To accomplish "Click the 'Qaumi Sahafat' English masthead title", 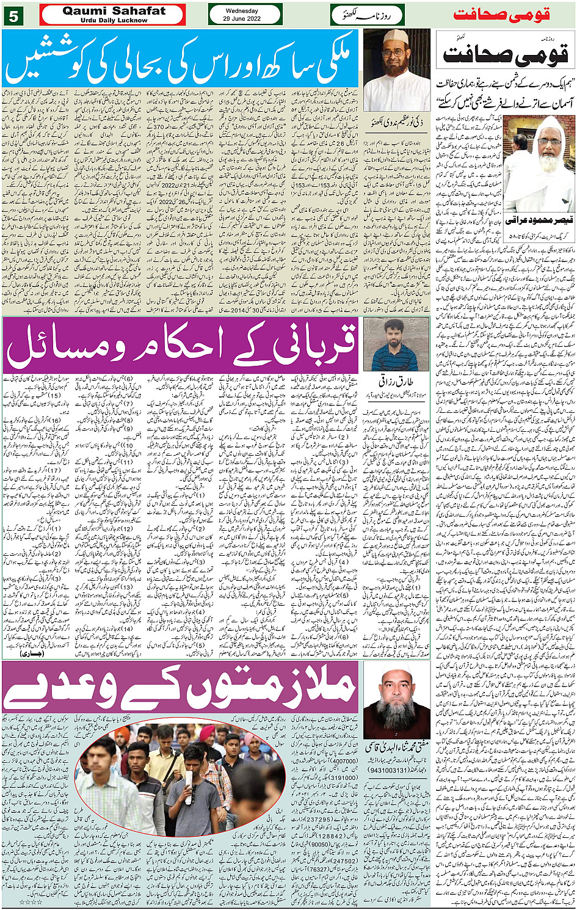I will [114, 11].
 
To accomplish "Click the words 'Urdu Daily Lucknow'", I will [114, 20].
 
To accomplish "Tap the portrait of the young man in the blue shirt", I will [396, 344].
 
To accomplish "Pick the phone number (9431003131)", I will [396, 771].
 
